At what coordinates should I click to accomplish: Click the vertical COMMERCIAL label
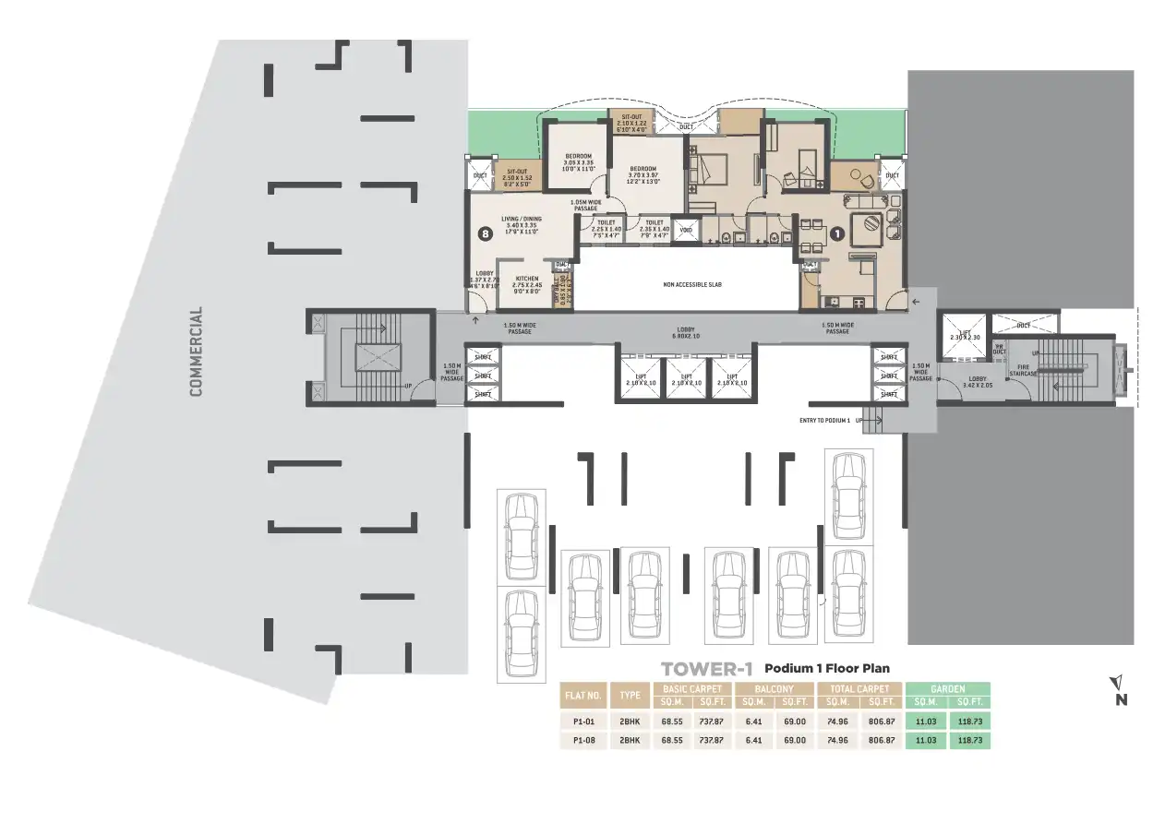tap(196, 352)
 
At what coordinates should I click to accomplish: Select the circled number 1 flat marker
tap(836, 233)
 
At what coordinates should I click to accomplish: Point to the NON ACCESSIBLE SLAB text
tap(691, 284)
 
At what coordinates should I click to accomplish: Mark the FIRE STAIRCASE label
tap(1024, 370)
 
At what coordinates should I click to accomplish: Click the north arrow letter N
tap(1121, 699)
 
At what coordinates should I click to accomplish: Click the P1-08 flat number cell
tap(583, 740)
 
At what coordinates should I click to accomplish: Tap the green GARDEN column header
tap(947, 688)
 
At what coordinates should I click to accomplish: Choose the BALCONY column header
tap(774, 688)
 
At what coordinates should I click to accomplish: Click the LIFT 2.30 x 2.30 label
tap(963, 337)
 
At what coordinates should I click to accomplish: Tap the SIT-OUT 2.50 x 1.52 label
tap(516, 174)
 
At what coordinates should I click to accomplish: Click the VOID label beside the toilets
tap(686, 229)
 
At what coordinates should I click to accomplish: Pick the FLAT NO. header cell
tap(583, 695)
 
